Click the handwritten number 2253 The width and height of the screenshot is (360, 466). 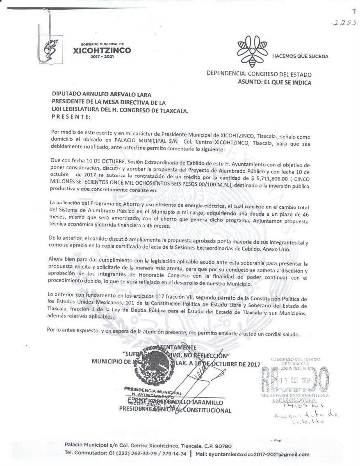click(344, 23)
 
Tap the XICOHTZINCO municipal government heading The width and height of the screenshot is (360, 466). click(102, 50)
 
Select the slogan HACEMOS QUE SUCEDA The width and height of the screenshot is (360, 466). click(300, 56)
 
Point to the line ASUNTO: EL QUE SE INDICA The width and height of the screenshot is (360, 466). click(274, 82)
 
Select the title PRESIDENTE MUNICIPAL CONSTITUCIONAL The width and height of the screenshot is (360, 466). click(175, 410)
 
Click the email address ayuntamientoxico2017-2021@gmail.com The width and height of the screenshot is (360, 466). click(258, 454)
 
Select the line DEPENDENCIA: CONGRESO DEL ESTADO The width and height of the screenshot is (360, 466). click(259, 75)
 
